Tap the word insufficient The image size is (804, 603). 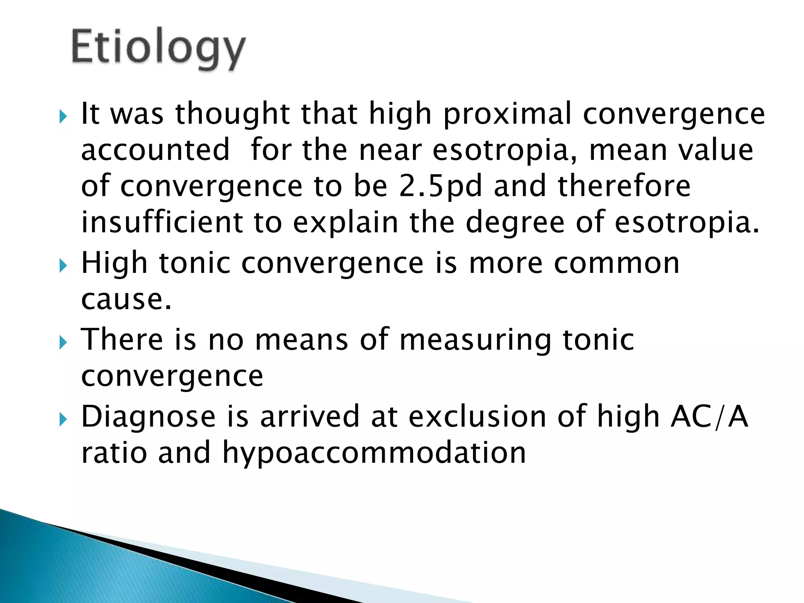[162, 222]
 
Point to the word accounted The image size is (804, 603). [155, 150]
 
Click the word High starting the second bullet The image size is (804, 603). [114, 263]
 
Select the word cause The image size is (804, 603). [126, 299]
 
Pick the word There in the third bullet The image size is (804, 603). [122, 339]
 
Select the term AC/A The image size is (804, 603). [709, 416]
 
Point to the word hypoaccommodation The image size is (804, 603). [374, 453]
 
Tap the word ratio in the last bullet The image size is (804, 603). [114, 452]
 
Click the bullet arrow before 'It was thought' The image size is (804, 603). [63, 116]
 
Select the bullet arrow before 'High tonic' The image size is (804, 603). [63, 266]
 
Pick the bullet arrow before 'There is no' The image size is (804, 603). [63, 342]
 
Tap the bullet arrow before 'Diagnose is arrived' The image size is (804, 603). [63, 419]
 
